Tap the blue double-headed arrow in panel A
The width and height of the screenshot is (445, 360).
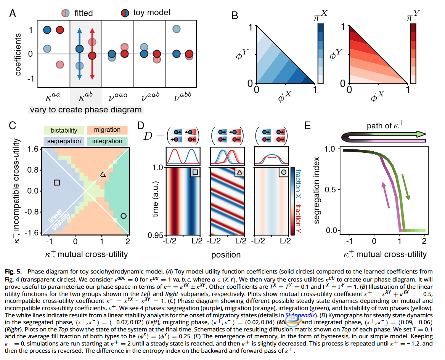tap(79, 54)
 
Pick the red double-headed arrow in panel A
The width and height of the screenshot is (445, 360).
tap(92, 54)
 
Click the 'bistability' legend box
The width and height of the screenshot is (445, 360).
tap(64, 130)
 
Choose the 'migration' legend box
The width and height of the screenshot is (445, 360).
tap(107, 130)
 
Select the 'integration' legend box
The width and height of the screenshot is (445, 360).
tap(107, 141)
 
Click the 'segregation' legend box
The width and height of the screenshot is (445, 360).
tap(64, 141)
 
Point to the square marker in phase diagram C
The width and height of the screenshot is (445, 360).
tap(57, 182)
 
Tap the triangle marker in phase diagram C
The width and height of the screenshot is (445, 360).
tap(103, 174)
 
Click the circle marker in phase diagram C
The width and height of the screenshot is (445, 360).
tap(123, 216)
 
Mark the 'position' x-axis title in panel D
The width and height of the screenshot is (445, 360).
tap(226, 254)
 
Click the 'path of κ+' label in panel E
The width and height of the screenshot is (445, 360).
tap(386, 126)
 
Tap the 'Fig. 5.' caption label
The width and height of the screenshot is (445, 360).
tap(14, 271)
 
